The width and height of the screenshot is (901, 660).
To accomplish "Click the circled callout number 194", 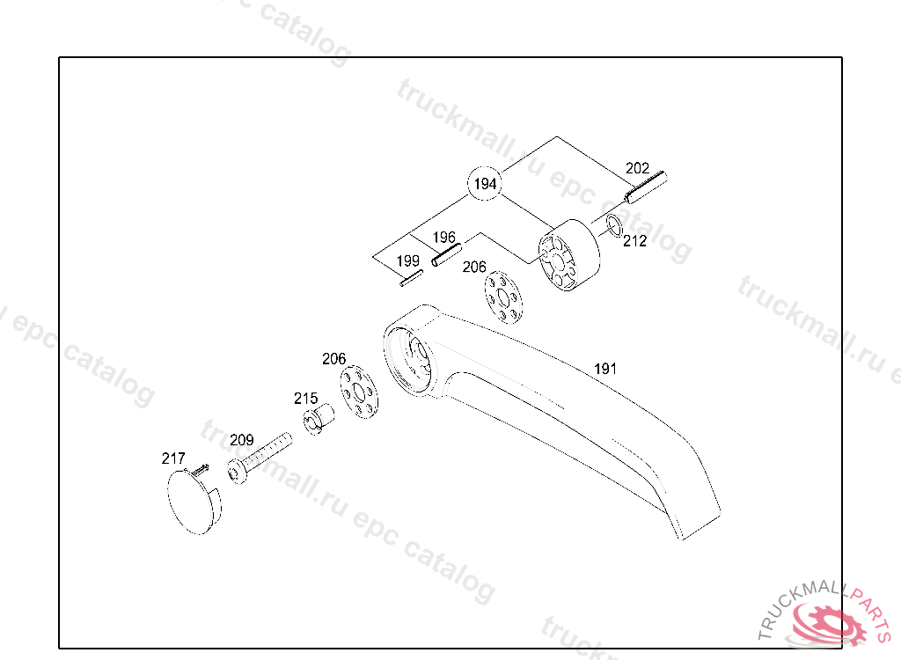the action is pos(485,184).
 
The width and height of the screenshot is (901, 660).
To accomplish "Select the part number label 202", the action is pos(637,168).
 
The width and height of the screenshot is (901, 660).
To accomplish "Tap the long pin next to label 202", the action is pos(648,186).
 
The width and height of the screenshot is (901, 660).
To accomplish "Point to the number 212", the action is pos(634,241).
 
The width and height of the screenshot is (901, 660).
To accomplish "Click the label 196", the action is pos(444,238).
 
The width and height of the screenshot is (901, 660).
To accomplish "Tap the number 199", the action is pos(407,261).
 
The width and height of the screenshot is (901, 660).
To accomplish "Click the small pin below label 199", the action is pos(411,279).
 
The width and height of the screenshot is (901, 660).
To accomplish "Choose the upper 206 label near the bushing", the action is pos(474,267).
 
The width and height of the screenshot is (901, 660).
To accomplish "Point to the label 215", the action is pos(305,399).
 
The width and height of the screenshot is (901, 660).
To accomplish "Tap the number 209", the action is pos(241,440).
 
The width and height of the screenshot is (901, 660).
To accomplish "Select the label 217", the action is pos(173,458).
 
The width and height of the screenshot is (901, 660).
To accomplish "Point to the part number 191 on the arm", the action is pos(605,369).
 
